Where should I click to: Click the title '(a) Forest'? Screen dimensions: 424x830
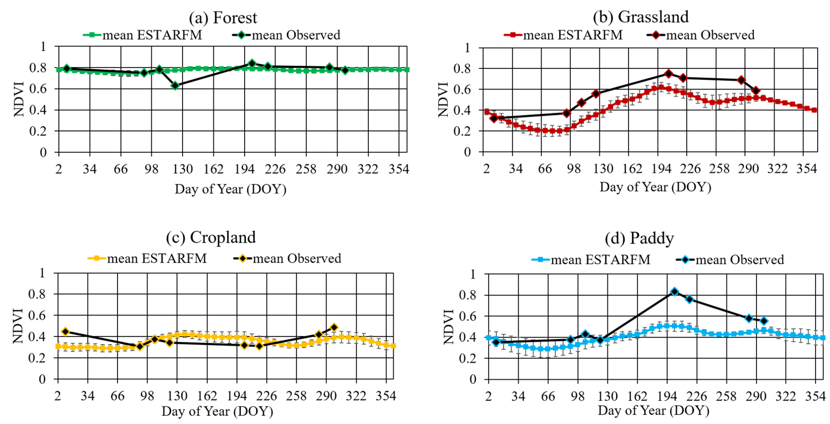tap(223, 17)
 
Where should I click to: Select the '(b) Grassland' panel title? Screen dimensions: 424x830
tap(640, 17)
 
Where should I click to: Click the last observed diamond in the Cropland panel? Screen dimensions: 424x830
tap(334, 327)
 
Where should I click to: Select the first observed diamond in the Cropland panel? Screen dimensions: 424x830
tap(65, 332)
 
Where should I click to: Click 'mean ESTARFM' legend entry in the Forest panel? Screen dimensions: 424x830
tap(143, 35)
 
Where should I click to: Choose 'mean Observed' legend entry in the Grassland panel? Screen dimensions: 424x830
tap(701, 35)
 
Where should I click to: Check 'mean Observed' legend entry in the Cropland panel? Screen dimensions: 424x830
tap(288, 259)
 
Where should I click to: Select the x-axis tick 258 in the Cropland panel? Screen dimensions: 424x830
tap(296, 396)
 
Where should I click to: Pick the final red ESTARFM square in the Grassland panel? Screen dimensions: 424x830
tap(814, 110)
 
